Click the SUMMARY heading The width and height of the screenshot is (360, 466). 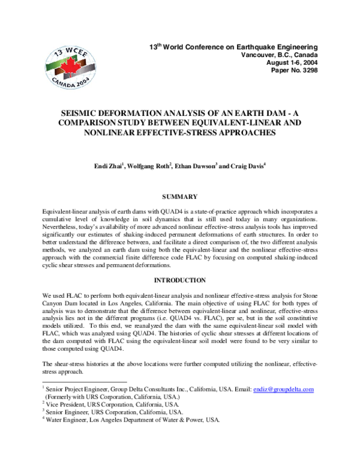180,196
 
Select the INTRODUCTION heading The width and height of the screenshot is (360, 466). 180,280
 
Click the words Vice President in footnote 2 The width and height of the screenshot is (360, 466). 65,405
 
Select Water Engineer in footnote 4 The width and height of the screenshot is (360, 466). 68,420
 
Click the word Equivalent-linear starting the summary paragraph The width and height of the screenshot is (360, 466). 64,212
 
